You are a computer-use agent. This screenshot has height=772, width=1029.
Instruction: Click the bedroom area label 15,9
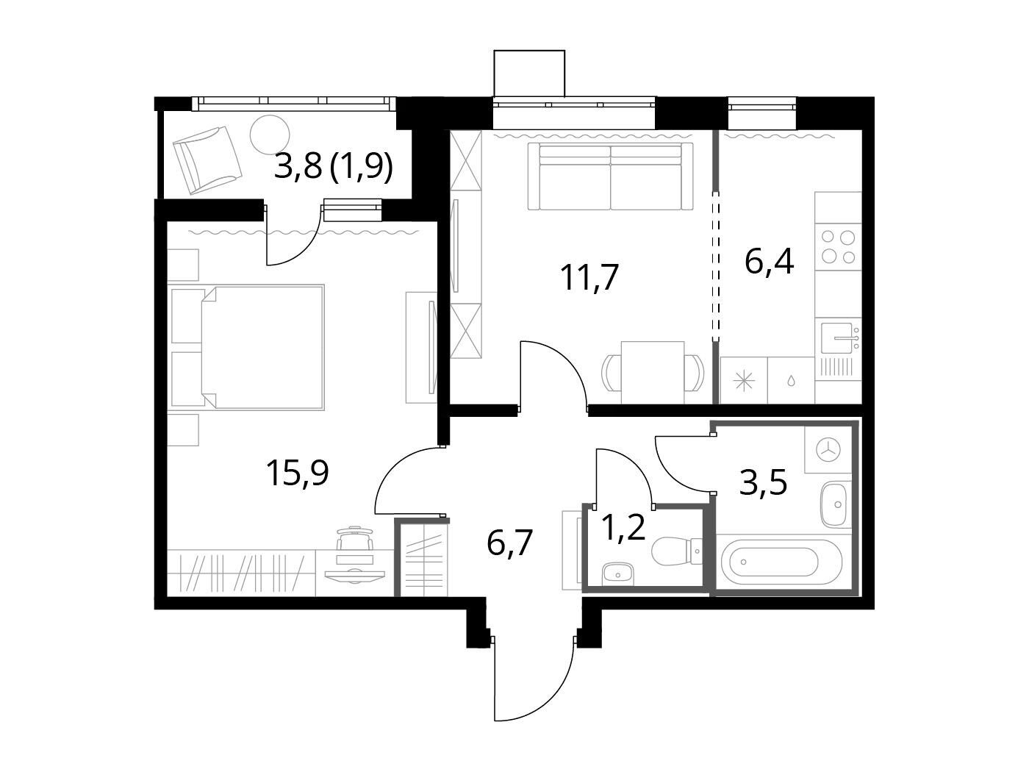(297, 473)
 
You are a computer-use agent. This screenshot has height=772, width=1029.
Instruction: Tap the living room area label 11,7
(589, 277)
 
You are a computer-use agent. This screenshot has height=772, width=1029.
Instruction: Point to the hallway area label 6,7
(509, 543)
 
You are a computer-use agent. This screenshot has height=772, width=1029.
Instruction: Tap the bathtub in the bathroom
(776, 562)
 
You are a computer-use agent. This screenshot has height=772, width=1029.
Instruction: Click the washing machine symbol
(828, 450)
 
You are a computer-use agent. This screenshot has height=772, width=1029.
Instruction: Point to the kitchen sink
(838, 337)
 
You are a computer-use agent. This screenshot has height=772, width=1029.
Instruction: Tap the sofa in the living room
(610, 176)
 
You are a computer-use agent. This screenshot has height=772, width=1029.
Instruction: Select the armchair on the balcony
(207, 160)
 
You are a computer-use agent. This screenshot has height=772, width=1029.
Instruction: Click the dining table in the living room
(652, 372)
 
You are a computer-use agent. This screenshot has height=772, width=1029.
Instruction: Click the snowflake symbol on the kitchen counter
(744, 381)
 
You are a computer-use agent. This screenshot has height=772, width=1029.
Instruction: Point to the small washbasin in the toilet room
(618, 573)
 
